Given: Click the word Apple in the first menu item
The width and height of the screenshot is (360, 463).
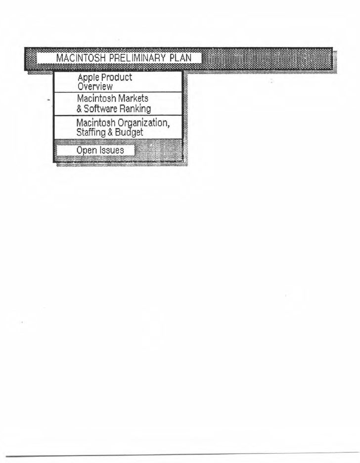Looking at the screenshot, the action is pos(88,78).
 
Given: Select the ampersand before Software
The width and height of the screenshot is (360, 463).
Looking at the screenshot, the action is pos(79,108).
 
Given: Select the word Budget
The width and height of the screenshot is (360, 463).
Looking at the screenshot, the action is pos(130,133).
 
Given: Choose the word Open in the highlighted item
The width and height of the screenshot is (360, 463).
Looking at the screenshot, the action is pos(86,150).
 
